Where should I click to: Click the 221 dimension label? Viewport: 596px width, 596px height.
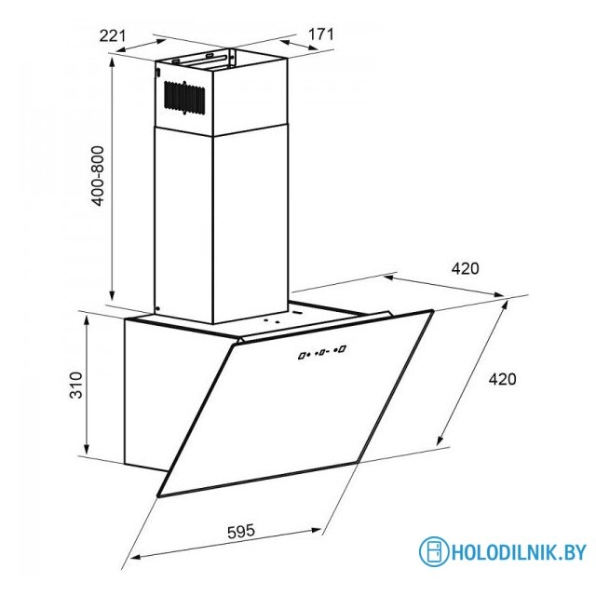[112, 35]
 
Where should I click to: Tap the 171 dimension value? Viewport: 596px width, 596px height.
[320, 34]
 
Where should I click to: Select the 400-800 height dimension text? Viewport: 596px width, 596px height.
[98, 176]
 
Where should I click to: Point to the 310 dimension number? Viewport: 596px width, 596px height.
[76, 385]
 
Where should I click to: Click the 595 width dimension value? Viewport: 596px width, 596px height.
[241, 531]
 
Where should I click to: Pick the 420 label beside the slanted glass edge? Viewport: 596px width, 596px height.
[503, 379]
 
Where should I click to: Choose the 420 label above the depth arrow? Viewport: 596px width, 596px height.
[466, 268]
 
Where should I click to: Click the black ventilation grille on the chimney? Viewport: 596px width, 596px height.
[184, 98]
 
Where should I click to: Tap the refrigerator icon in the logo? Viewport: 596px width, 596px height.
[434, 551]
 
